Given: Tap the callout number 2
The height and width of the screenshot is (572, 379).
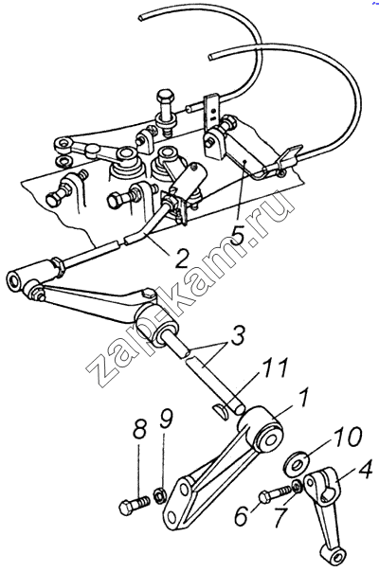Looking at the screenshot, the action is click(181, 259).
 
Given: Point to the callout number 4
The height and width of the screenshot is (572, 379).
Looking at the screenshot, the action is click(364, 472).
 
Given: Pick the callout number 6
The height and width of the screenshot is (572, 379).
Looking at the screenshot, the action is click(242, 514).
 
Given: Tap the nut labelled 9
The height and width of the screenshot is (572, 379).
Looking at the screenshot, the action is click(160, 497).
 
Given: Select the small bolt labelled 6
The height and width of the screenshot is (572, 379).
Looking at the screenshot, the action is click(275, 494).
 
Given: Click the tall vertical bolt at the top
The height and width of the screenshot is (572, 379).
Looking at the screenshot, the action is click(166, 111).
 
